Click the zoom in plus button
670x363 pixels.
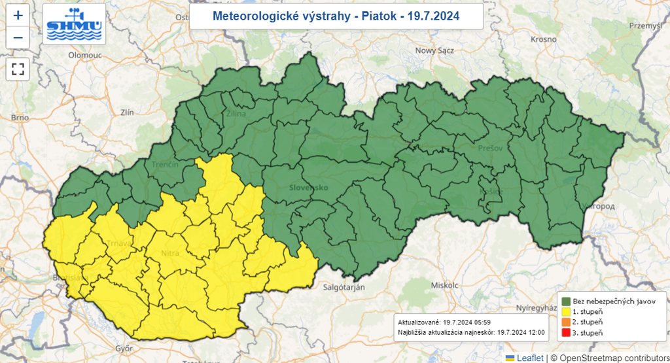[x=18, y=15]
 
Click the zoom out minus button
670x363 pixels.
[x=18, y=38]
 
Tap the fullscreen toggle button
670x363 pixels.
[x=18, y=69]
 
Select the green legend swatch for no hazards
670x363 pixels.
[x=566, y=300]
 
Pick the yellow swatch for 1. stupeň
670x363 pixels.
[x=566, y=311]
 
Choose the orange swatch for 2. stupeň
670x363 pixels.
[x=566, y=322]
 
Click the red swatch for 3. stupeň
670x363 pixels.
[x=566, y=333]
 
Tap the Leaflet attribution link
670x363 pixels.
[x=529, y=358]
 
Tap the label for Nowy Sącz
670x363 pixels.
[x=434, y=50]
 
